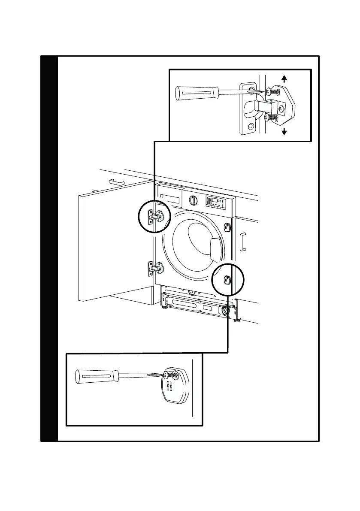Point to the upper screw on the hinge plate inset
tap(270, 91)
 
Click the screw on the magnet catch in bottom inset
tap(171, 374)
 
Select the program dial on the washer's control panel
tap(194, 200)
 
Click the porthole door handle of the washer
tap(217, 248)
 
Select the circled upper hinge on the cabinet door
tap(154, 217)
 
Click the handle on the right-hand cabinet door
tap(243, 242)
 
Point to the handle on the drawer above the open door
tap(116, 182)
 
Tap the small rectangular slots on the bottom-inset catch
tap(169, 387)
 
